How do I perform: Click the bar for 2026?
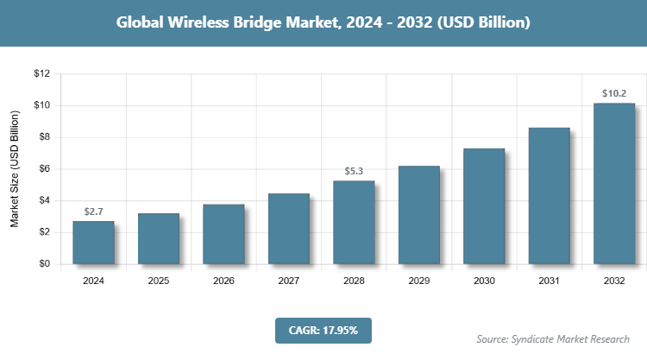coord(223,234)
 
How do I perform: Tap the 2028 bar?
coord(354,222)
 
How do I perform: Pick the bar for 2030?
coord(484,206)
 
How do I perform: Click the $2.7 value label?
coord(93,212)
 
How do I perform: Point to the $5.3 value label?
coord(354,171)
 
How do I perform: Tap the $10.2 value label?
coord(614,93)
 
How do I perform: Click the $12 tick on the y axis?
coord(41,74)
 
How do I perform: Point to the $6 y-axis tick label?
coord(44,169)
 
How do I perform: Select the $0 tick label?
coord(44,264)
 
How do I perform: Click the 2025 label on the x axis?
coord(159,281)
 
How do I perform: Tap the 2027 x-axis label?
coord(289,281)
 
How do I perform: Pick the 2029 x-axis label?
coord(419,281)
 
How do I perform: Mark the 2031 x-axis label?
coord(550,281)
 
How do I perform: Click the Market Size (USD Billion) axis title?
coord(15,169)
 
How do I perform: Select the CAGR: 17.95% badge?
coord(323,331)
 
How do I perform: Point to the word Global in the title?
coord(141,22)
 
